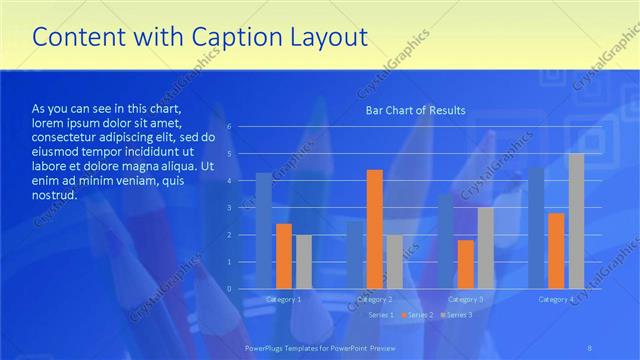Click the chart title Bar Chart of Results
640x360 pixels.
coord(414,110)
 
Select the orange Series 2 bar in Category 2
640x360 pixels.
coord(375,229)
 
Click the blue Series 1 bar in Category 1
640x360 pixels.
coord(263,231)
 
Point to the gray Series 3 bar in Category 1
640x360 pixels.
coord(303,262)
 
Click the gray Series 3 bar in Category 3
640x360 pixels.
coord(486,248)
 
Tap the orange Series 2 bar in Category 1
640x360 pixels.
coord(284,256)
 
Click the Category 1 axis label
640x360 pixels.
coord(283,299)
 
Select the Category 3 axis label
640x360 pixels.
coord(466,299)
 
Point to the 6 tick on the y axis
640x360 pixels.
coord(229,127)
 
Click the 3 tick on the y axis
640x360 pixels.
coord(229,208)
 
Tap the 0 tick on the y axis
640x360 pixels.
coord(229,289)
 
